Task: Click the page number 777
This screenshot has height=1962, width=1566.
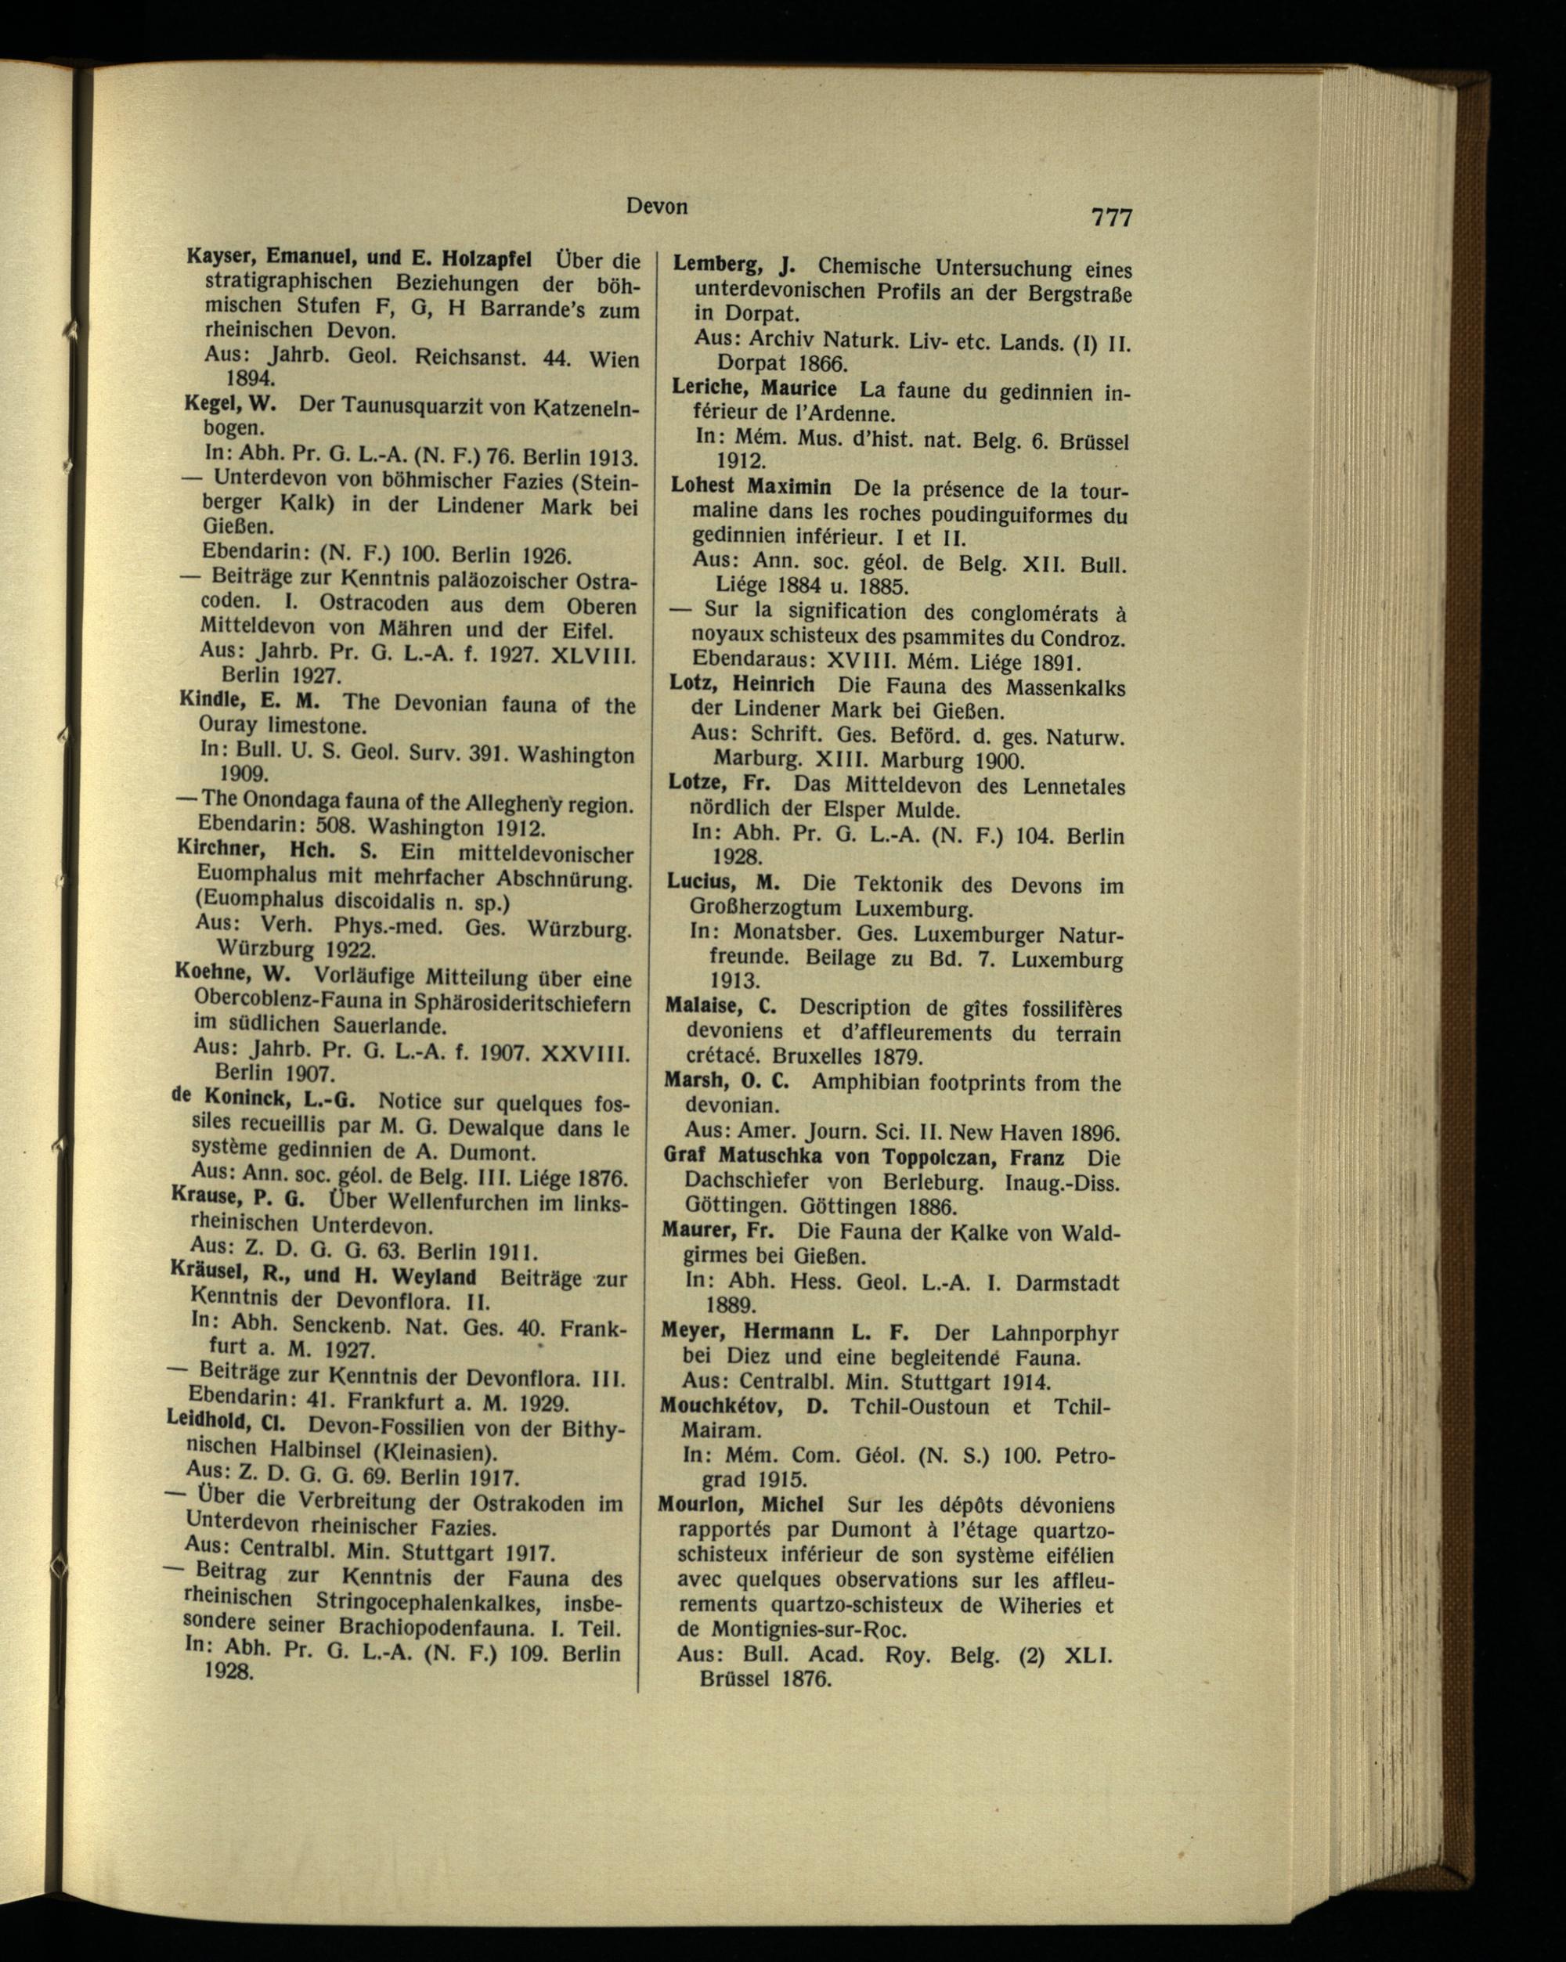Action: [x=1111, y=218]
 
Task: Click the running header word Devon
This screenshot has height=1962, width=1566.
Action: [x=656, y=207]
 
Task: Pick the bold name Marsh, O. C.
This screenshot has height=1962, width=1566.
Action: [x=724, y=1083]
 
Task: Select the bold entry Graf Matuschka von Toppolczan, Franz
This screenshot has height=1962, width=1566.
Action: [x=864, y=1159]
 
